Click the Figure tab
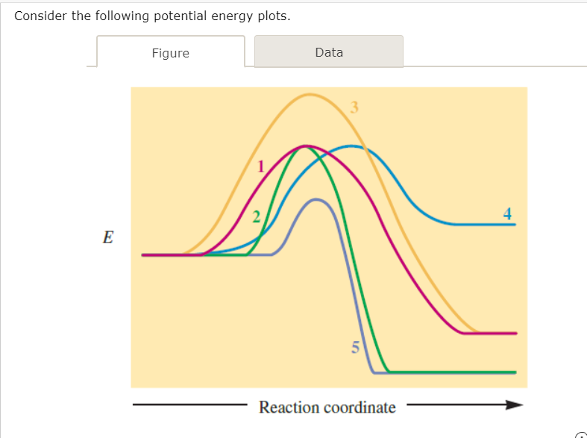(x=170, y=53)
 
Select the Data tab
(x=329, y=52)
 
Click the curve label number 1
(x=261, y=167)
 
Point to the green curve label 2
(x=256, y=217)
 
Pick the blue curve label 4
(x=508, y=213)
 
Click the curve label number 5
(x=355, y=346)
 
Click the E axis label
(x=108, y=238)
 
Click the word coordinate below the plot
(x=360, y=407)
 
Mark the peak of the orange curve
(x=311, y=94)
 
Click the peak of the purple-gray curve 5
(x=316, y=199)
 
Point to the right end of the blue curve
(x=514, y=224)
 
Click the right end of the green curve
(x=514, y=372)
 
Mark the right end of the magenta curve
(x=514, y=333)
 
